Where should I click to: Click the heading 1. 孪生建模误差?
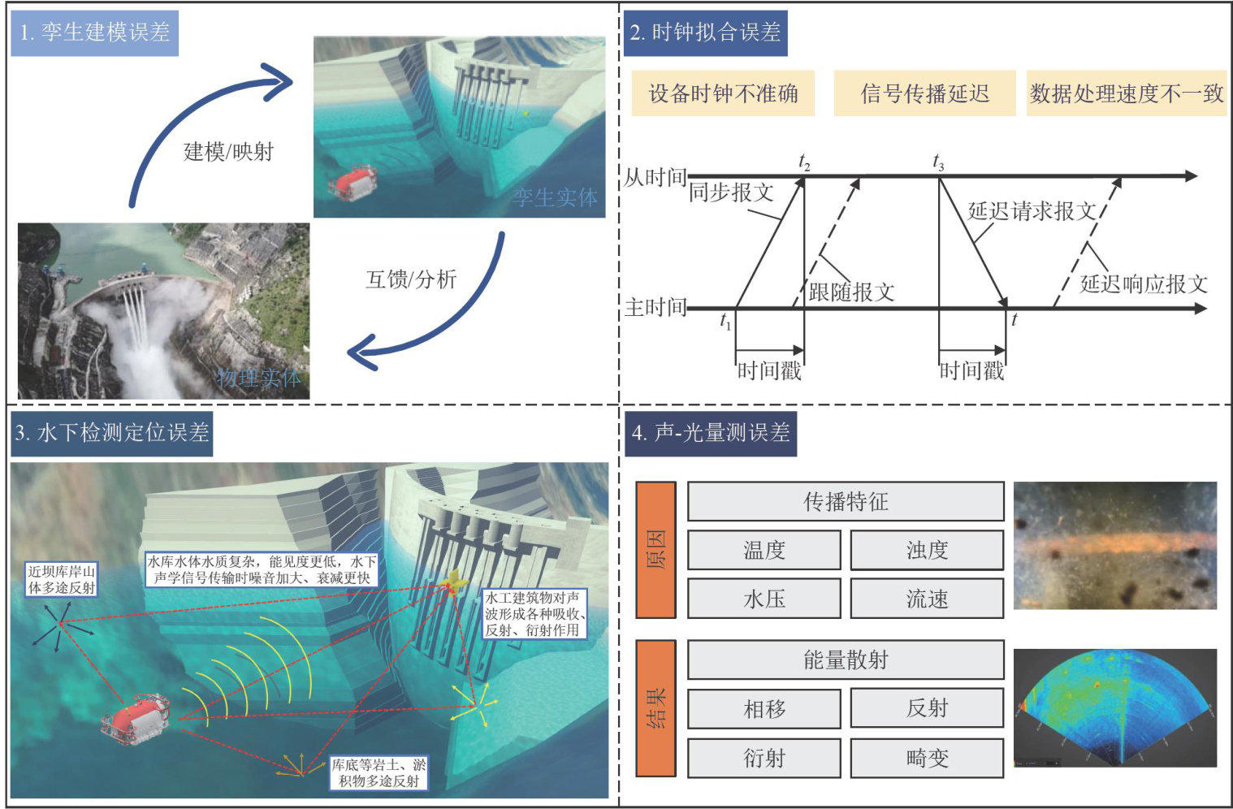(94, 32)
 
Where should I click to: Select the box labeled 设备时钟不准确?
(723, 93)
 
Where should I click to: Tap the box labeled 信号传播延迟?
(924, 93)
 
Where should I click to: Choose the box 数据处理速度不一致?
(1126, 93)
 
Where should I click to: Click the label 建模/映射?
(228, 152)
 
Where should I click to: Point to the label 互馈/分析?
(411, 279)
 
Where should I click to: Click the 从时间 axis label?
(655, 177)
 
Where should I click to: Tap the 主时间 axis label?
(655, 307)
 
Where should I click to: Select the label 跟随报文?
(851, 292)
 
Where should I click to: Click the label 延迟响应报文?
(1144, 283)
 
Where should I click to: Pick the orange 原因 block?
(655, 549)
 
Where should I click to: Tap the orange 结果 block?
(655, 707)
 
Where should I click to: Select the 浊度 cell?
(927, 550)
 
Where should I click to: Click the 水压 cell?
(764, 599)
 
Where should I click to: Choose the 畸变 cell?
(927, 758)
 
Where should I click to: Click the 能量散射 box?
(846, 660)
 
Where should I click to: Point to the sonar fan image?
(1115, 707)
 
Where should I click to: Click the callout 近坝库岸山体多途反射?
(62, 579)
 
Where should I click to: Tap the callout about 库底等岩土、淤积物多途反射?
(379, 772)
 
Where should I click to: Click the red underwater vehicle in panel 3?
(136, 717)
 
